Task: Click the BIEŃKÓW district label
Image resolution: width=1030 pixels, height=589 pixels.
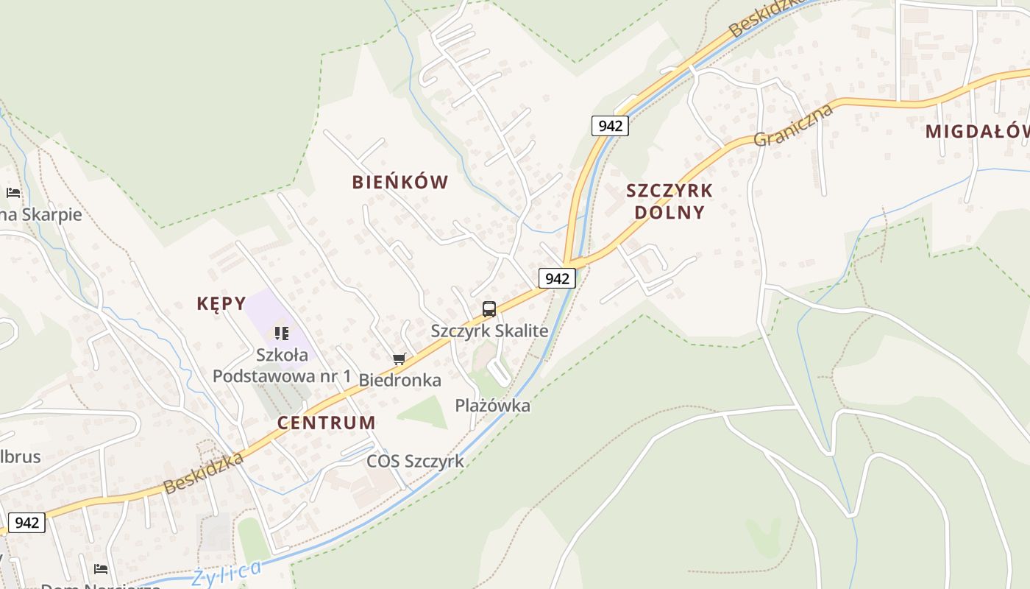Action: point(400,183)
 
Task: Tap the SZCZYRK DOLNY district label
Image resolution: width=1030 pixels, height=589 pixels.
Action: point(669,202)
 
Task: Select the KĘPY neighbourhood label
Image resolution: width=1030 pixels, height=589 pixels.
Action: point(221,303)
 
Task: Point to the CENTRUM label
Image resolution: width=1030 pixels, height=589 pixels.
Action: point(326,423)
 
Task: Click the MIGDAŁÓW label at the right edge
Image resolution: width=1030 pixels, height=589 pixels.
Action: point(977,132)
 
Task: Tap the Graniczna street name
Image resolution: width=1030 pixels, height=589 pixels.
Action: point(793,125)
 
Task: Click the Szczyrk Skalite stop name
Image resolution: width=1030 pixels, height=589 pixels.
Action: point(489,331)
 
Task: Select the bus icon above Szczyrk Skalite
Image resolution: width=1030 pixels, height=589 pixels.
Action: point(489,309)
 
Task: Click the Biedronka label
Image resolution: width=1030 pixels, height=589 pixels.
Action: point(399,380)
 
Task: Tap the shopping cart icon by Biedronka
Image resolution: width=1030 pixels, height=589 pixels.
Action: point(399,359)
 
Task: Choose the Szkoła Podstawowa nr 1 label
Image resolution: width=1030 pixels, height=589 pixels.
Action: point(282,365)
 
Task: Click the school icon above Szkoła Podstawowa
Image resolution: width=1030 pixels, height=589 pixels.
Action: point(281,334)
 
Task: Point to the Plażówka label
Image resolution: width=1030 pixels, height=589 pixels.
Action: point(492,405)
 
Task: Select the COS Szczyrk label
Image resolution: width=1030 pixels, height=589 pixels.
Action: point(415,462)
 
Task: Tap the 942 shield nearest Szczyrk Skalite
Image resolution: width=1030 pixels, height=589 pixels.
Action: point(557,278)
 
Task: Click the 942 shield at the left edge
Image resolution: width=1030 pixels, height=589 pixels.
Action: point(27,523)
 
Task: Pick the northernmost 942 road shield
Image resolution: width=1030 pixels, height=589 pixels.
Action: point(610,126)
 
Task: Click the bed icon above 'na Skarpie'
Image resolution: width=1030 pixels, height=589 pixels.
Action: point(13,193)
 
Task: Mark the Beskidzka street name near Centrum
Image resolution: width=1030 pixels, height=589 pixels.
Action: point(203,473)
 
